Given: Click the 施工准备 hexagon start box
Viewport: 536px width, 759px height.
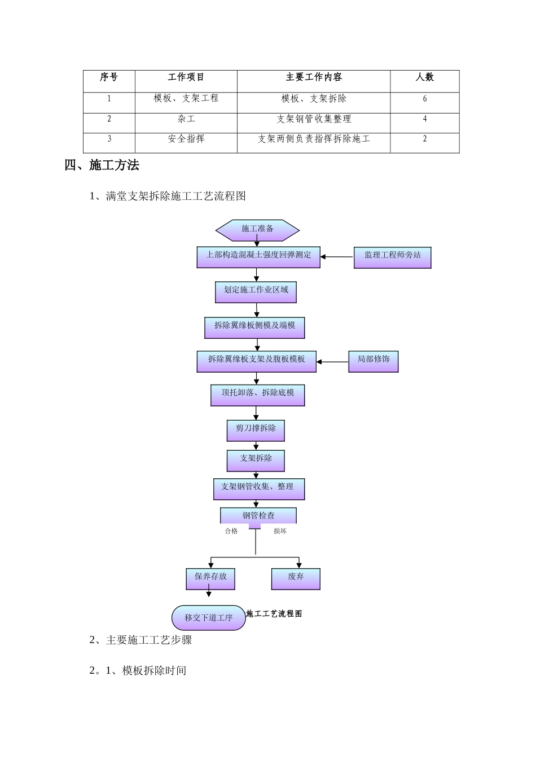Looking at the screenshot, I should (x=257, y=229).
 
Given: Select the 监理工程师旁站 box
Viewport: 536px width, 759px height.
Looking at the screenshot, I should (x=392, y=257).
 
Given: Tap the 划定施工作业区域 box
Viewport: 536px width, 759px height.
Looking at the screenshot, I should (x=256, y=291).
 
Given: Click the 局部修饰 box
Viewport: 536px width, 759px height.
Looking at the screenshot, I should (x=373, y=361).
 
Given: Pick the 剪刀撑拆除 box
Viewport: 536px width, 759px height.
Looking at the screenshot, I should (x=256, y=430).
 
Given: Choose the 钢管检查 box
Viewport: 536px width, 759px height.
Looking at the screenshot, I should (x=258, y=516).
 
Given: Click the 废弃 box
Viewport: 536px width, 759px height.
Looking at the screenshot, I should (x=296, y=578).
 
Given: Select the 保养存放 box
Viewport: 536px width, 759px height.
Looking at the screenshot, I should (x=210, y=578).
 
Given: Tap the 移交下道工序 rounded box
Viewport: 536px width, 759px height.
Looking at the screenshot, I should (x=208, y=618).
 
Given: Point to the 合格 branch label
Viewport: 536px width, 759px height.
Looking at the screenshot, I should (x=231, y=531).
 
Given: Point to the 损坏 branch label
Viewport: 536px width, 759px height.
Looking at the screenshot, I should (x=280, y=531).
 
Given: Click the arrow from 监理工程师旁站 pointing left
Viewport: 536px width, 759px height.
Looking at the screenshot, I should (x=337, y=257).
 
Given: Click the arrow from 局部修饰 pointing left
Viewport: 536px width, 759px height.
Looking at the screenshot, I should (x=332, y=361).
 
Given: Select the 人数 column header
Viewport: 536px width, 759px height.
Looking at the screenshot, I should (x=424, y=77).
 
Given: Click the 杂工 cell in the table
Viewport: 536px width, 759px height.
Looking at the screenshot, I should (x=186, y=119).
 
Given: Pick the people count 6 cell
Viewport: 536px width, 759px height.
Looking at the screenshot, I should (x=425, y=99).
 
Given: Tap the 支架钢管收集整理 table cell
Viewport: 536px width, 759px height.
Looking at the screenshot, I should (x=314, y=119).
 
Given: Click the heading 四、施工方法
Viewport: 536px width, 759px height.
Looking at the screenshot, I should (x=102, y=165).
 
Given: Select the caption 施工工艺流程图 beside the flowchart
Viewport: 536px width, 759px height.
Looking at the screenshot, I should (x=274, y=614).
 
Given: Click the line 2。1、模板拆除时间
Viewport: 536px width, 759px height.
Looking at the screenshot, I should (x=138, y=670).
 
